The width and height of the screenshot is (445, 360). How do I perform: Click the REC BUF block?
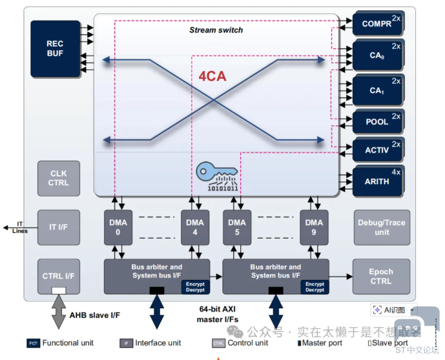[x=55, y=48]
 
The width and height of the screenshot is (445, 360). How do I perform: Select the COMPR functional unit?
[x=378, y=24]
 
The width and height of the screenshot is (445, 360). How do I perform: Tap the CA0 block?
[x=378, y=56]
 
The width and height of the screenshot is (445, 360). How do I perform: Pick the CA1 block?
[x=378, y=90]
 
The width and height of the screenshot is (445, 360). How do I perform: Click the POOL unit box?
[x=378, y=122]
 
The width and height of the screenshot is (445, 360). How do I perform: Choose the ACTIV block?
[x=378, y=150]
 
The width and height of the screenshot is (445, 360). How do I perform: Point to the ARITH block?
[x=378, y=182]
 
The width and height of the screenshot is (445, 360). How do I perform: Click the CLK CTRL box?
[x=59, y=178]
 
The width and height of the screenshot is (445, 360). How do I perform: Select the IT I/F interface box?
[x=59, y=227]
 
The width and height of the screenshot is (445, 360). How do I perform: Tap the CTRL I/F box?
[x=59, y=276]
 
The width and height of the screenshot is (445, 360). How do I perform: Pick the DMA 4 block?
[x=195, y=227]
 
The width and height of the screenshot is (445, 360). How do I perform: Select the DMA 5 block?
[x=237, y=227]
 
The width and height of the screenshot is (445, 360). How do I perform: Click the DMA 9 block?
[x=314, y=227]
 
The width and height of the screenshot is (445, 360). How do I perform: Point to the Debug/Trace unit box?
[x=382, y=227]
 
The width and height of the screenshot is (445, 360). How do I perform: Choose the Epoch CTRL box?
[x=382, y=276]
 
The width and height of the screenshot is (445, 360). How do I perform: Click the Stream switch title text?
[x=216, y=30]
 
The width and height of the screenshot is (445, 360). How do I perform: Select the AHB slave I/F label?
[x=94, y=315]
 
